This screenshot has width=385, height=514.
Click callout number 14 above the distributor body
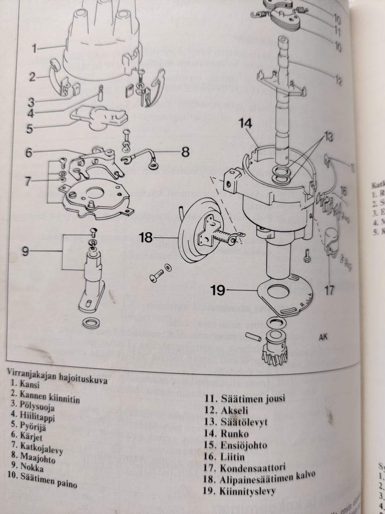pos(246,124)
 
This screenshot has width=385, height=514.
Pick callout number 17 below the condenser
pos(329,290)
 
